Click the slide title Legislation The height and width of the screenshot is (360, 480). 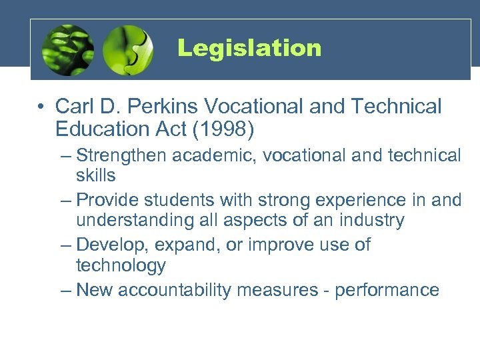(x=249, y=48)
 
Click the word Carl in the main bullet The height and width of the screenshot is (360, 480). (x=75, y=107)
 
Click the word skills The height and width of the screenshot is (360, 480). (x=96, y=176)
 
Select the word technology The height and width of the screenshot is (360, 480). (x=121, y=266)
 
